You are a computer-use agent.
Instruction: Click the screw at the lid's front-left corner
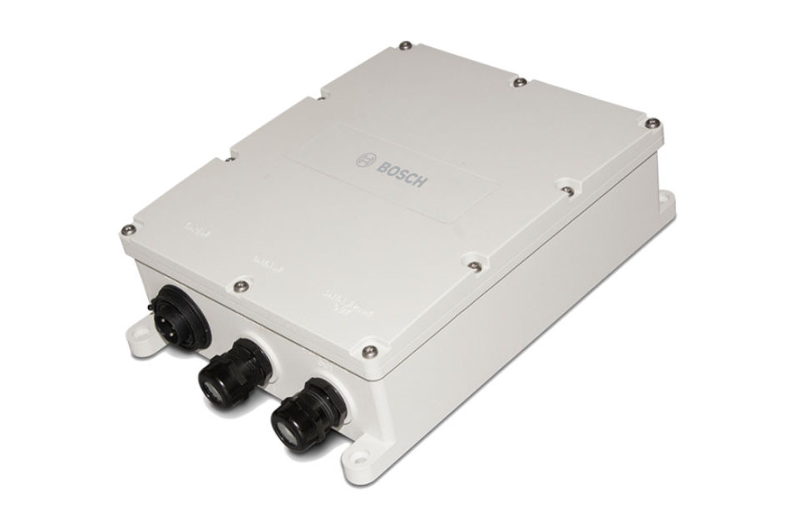126,230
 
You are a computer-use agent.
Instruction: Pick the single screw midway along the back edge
518,82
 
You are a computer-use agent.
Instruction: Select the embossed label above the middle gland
268,268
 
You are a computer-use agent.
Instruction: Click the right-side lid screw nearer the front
473,266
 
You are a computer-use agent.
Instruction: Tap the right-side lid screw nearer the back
567,190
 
